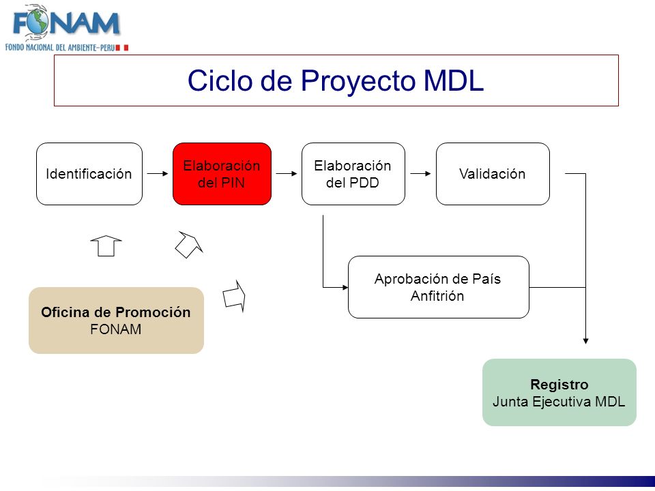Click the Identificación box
89,174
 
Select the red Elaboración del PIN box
222,174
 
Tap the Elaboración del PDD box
353,174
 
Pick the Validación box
493,174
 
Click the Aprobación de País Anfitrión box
438,287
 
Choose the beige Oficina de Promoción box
116,321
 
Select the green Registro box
559,393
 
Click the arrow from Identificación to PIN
158,173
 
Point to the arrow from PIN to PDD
287,173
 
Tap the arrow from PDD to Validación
420,173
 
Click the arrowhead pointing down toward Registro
585,341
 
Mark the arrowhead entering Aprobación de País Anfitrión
345,287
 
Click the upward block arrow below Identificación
106,246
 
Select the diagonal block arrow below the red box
189,244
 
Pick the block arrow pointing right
234,296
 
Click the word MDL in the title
454,80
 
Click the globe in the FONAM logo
37,22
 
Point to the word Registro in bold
559,384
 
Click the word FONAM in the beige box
116,329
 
